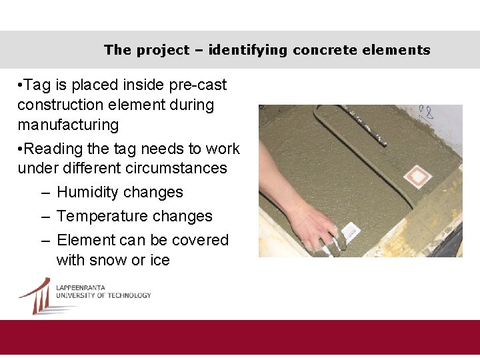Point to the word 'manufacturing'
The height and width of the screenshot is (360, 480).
coord(68,125)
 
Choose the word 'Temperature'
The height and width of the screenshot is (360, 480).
coord(101,217)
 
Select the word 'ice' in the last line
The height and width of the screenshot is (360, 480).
coord(159,260)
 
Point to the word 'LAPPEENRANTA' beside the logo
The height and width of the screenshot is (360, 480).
coord(81,287)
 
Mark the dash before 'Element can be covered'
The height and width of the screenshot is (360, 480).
coord(45,241)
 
